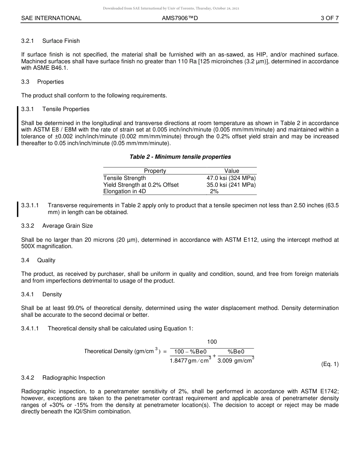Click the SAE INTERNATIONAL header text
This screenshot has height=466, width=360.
pyautogui.click(x=51, y=18)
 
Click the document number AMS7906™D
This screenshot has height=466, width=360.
pyautogui.click(x=180, y=18)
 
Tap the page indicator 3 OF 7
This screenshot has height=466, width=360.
pyautogui.click(x=329, y=18)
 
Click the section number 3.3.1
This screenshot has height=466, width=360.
pyautogui.click(x=28, y=109)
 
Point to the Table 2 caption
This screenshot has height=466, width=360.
pyautogui.click(x=180, y=157)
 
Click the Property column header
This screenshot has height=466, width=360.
pyautogui.click(x=155, y=171)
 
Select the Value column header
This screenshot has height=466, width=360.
pyautogui.click(x=232, y=171)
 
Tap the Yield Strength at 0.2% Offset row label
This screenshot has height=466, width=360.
pyautogui.click(x=141, y=185)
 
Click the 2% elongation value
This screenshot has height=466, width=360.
pyautogui.click(x=214, y=191)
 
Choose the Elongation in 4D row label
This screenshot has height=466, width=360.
pyautogui.click(x=125, y=191)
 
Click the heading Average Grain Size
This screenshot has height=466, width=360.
pyautogui.click(x=67, y=226)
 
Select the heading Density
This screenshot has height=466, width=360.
pyautogui.click(x=52, y=294)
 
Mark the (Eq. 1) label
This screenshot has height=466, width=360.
pyautogui.click(x=330, y=364)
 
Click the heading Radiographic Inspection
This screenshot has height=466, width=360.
pyautogui.click(x=74, y=378)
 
